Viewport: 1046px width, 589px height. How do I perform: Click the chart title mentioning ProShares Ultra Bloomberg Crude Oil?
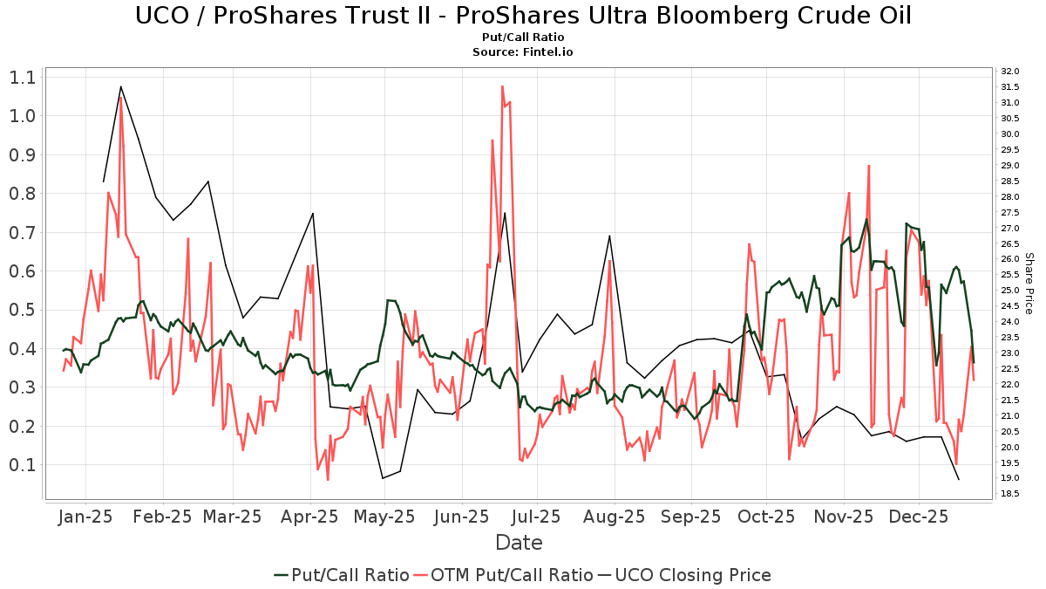pyautogui.click(x=523, y=16)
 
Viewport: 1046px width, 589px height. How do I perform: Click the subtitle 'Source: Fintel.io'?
pyautogui.click(x=523, y=51)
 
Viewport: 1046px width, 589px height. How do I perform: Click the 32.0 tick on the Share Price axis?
pyautogui.click(x=1010, y=72)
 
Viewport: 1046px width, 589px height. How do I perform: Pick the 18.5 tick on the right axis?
pyautogui.click(x=1010, y=494)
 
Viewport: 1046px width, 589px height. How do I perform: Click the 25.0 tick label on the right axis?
pyautogui.click(x=1010, y=291)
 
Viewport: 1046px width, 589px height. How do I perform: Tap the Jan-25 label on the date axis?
pyautogui.click(x=85, y=517)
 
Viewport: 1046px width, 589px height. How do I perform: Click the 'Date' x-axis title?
pyautogui.click(x=519, y=543)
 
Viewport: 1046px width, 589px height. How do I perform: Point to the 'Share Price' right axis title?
pyautogui.click(x=1029, y=283)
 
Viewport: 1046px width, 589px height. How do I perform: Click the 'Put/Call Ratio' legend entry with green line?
pyautogui.click(x=342, y=575)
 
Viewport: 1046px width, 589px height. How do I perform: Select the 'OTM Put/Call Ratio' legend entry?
pyautogui.click(x=505, y=575)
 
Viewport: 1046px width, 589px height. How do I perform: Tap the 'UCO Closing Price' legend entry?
pyautogui.click(x=683, y=575)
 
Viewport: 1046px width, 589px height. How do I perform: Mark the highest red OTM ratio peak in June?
pyautogui.click(x=502, y=86)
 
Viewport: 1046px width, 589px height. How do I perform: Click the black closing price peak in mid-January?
pyautogui.click(x=120, y=86)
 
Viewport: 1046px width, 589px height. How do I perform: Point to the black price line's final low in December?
pyautogui.click(x=959, y=480)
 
